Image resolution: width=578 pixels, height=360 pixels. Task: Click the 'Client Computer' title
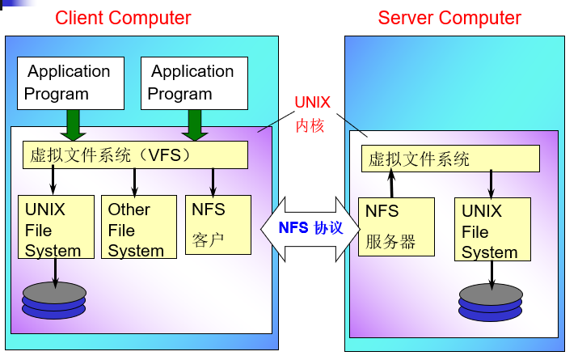coord(123,17)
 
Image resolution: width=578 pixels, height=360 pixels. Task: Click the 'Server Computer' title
coord(449,17)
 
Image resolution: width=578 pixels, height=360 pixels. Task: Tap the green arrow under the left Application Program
coord(73,125)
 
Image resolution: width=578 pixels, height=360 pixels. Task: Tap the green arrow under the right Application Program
coord(194,125)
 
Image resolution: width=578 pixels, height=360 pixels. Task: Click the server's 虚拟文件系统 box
coord(449,159)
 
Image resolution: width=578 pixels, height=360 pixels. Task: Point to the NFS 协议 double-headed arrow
coord(310,227)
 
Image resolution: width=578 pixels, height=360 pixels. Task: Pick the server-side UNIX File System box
coord(491,231)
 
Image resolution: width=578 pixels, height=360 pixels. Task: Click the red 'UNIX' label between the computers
coord(311,103)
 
